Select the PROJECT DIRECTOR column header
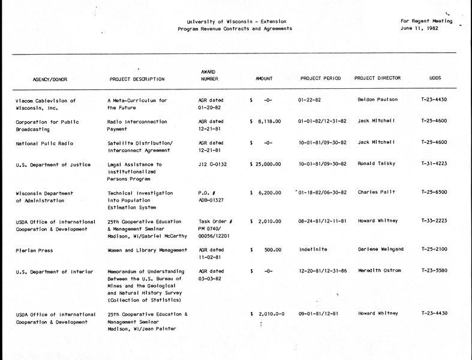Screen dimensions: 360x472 pos(377,78)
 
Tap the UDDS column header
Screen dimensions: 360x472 pos(436,78)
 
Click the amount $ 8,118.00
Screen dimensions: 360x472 pos(266,121)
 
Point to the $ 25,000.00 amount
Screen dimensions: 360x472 pos(266,164)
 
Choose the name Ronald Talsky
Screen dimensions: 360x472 pos(376,164)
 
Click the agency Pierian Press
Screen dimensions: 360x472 pos(34,250)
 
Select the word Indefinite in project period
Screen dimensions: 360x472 pos(312,250)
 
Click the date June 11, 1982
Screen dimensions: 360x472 pos(420,28)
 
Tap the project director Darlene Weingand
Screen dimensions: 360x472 pos(381,250)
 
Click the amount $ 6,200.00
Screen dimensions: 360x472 pos(266,193)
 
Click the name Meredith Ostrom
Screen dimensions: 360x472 pos(380,271)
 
